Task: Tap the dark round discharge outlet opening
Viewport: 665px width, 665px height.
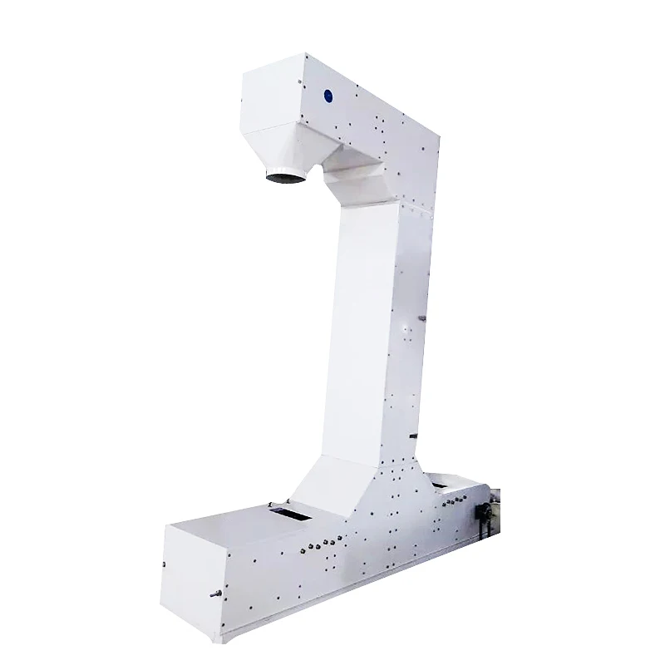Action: click(x=283, y=177)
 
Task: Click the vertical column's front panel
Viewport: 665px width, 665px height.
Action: click(x=363, y=332)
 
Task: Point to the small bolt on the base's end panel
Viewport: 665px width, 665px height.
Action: click(x=165, y=566)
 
